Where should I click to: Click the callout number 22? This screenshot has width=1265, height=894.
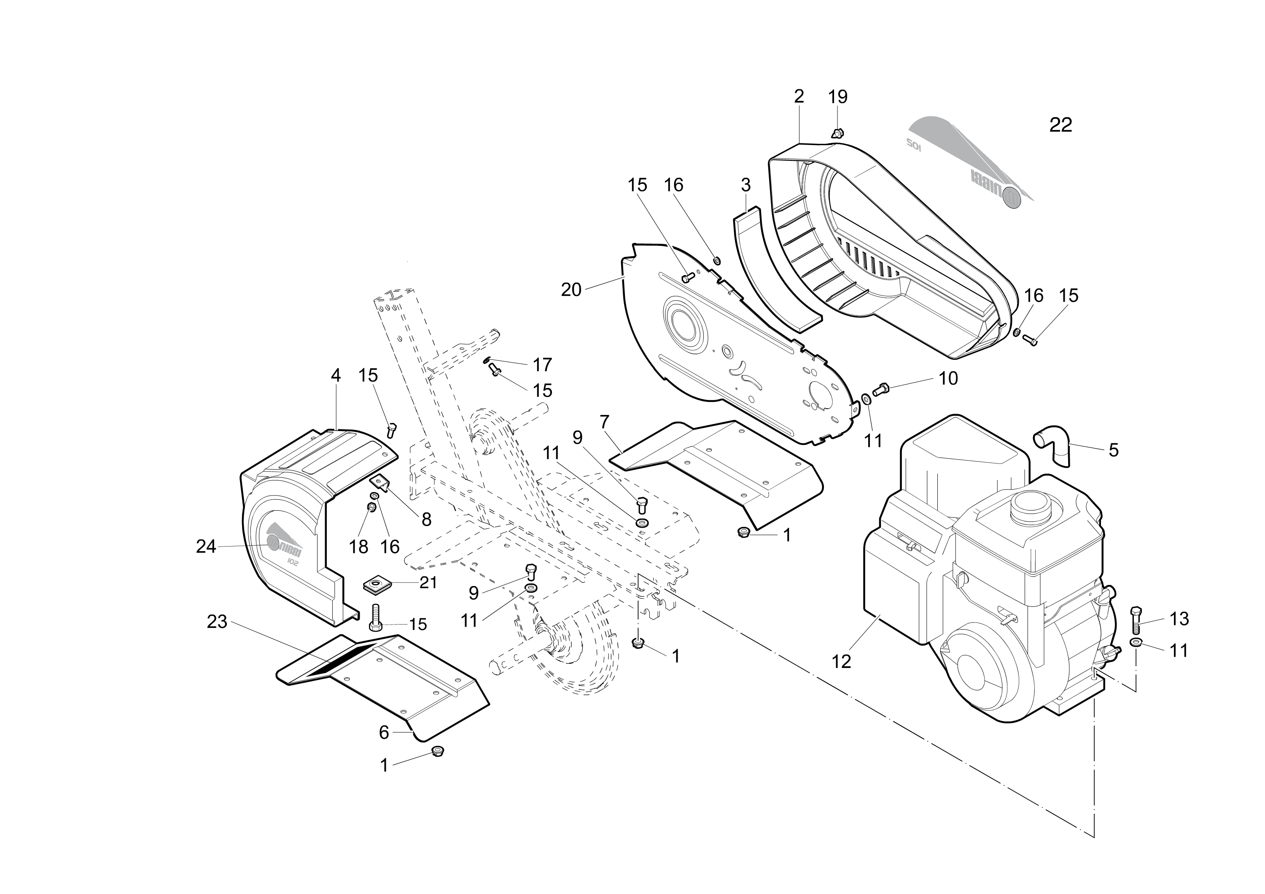[1060, 126]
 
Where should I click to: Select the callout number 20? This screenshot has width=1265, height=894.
[571, 290]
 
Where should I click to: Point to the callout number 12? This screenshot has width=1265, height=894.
[841, 661]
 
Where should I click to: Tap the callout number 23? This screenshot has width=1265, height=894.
[217, 621]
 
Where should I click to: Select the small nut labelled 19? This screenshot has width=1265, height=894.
[837, 133]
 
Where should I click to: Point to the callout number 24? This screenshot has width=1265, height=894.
[206, 547]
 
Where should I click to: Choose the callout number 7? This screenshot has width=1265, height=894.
[604, 422]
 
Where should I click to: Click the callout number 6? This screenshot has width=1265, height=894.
[384, 732]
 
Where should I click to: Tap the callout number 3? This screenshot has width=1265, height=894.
[746, 185]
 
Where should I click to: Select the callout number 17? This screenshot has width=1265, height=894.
[542, 365]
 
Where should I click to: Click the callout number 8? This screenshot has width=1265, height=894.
[426, 519]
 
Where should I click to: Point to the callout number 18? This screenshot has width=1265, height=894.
[359, 547]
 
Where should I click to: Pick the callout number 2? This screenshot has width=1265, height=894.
[799, 97]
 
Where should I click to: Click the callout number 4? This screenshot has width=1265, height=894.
[336, 376]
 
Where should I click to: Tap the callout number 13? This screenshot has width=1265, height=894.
[1179, 619]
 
